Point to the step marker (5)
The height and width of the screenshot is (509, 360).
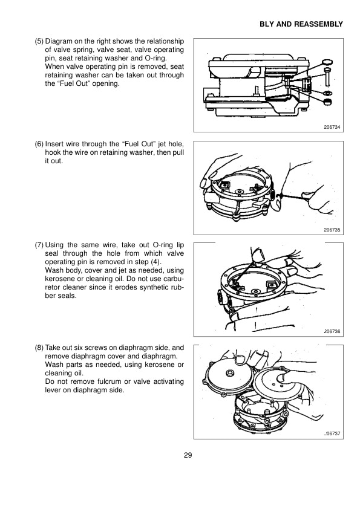[x=38, y=42]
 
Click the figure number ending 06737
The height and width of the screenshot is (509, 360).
[x=333, y=434]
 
